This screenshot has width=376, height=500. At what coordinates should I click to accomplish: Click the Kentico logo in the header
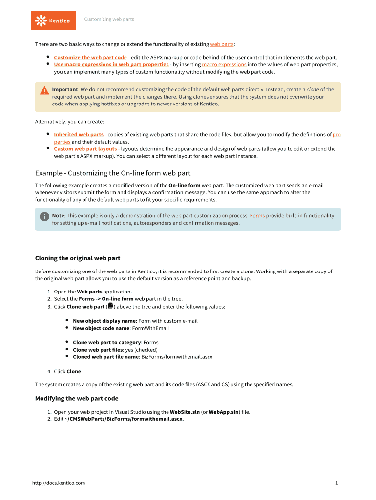[x=53, y=21]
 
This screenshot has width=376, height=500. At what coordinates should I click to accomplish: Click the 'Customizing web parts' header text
[x=109, y=19]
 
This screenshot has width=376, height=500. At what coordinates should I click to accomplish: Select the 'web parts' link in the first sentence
[x=222, y=44]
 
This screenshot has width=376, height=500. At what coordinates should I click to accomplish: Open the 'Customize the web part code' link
[x=90, y=57]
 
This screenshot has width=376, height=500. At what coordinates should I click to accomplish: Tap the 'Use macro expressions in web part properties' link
[x=111, y=64]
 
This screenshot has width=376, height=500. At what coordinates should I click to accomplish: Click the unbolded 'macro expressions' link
[x=224, y=64]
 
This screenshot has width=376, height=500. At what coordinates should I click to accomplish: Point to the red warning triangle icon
[x=44, y=90]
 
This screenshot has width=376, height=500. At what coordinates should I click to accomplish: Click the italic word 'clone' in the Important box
[x=313, y=89]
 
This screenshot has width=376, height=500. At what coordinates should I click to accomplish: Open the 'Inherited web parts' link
[x=79, y=134]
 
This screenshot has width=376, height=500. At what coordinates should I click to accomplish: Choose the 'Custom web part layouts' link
[x=85, y=149]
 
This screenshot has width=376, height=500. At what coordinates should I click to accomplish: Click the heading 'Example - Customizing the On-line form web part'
[x=113, y=173]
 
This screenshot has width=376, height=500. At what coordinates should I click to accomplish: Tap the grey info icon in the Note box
[x=44, y=216]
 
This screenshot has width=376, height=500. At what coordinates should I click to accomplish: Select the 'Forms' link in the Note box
[x=257, y=215]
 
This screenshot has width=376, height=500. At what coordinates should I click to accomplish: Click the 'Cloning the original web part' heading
[x=78, y=258]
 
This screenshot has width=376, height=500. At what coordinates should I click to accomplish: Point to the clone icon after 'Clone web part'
[x=110, y=306]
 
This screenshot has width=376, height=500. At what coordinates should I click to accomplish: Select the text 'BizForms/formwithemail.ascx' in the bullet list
[x=177, y=357]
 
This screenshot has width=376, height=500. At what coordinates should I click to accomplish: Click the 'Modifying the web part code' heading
[x=77, y=399]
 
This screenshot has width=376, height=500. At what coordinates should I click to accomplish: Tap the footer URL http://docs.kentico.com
[x=59, y=483]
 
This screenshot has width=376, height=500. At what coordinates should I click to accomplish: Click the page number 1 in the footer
[x=337, y=483]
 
